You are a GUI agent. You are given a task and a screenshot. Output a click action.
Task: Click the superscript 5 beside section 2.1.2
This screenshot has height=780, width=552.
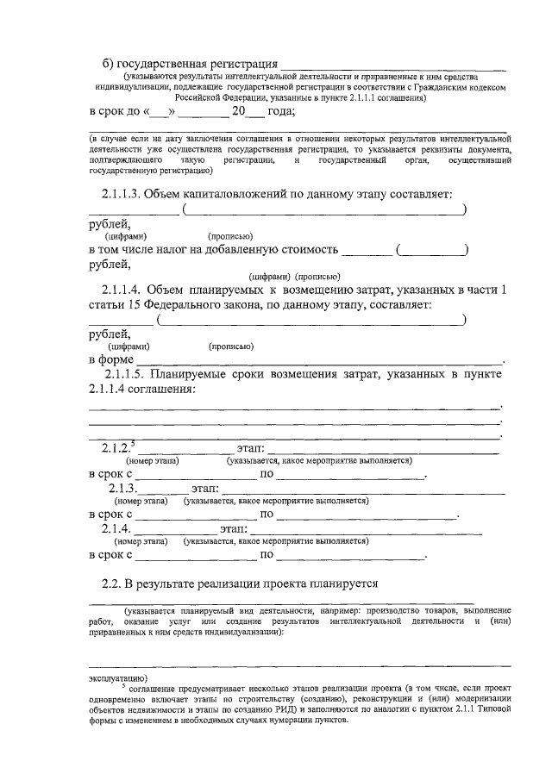[133, 442]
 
